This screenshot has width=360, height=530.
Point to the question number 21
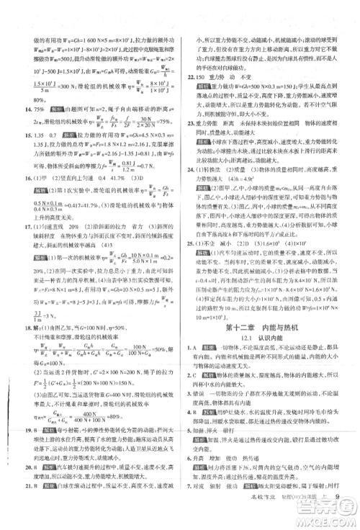coord(17,518)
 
